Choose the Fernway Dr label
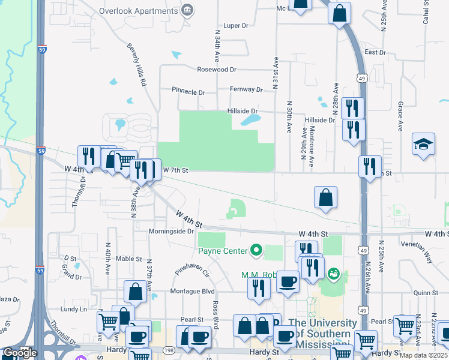pos(246,89)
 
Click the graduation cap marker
pos(423,144)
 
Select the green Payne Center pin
pos(258,248)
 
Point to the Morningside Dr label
pos(172,231)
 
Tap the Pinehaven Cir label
pos(193,273)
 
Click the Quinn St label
pos(423,293)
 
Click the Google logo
pos(19,353)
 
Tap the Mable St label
pos(128,259)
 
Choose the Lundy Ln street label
pos(74,310)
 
